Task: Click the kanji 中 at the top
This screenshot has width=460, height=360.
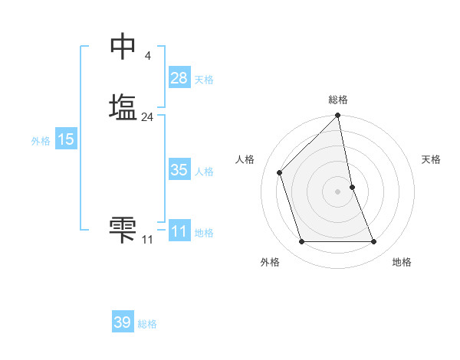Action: pyautogui.click(x=123, y=46)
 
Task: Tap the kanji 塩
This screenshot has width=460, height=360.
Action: pyautogui.click(x=123, y=107)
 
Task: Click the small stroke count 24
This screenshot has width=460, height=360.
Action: pyautogui.click(x=147, y=117)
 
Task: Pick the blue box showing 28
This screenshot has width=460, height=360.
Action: pyautogui.click(x=179, y=77)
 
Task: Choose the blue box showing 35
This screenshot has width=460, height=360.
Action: pyautogui.click(x=179, y=170)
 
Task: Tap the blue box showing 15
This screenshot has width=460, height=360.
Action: pyautogui.click(x=65, y=139)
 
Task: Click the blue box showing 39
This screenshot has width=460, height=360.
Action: pyautogui.click(x=122, y=322)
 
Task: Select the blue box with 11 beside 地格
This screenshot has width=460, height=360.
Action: pyautogui.click(x=179, y=231)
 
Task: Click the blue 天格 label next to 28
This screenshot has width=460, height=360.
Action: pyautogui.click(x=204, y=80)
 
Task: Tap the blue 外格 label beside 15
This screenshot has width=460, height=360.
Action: pyautogui.click(x=41, y=141)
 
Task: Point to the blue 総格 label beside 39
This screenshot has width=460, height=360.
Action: pyautogui.click(x=147, y=324)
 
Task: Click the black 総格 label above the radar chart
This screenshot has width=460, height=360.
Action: pyautogui.click(x=338, y=100)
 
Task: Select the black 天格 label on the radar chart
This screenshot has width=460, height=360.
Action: pyautogui.click(x=432, y=159)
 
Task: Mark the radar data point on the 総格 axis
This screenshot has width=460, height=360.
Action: pyautogui.click(x=338, y=116)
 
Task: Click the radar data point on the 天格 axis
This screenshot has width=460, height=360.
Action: pyautogui.click(x=352, y=187)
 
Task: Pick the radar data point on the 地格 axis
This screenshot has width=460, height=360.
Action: pyautogui.click(x=374, y=242)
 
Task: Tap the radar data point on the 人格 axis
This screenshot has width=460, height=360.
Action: pyautogui.click(x=280, y=172)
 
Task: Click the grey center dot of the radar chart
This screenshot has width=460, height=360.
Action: pyautogui.click(x=338, y=191)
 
